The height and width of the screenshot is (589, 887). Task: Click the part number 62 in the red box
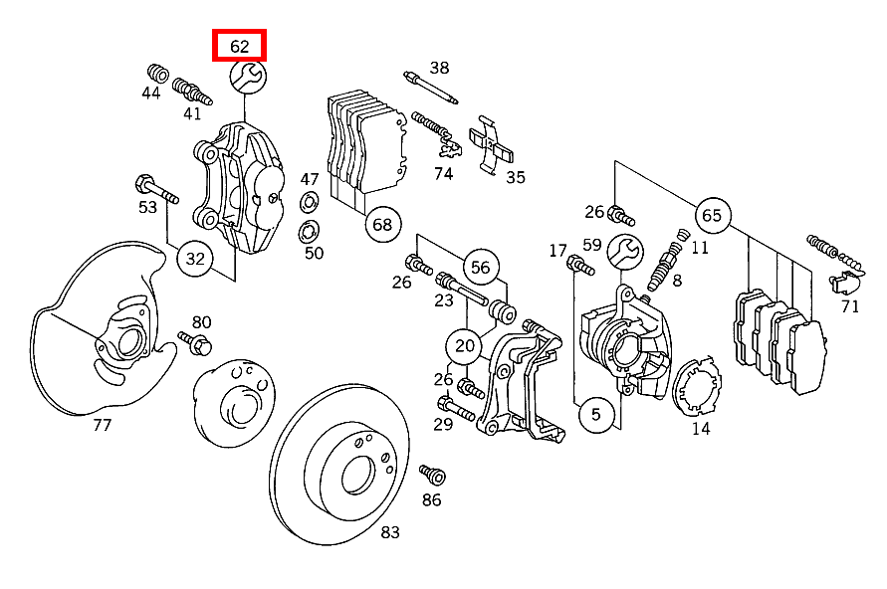(239, 46)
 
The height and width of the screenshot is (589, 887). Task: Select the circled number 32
(196, 260)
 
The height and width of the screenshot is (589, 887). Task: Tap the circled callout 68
(382, 224)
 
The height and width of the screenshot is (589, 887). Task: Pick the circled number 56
(481, 267)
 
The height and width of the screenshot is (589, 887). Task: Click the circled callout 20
(465, 346)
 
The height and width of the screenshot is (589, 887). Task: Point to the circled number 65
(711, 215)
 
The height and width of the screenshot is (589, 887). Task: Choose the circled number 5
(595, 414)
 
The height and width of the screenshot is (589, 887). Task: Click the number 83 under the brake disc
(390, 532)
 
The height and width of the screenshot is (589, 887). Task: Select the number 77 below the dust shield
(102, 425)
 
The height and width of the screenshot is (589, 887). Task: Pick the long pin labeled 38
(430, 87)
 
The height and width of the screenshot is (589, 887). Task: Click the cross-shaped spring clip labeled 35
(493, 141)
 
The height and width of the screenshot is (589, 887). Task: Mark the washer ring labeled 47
(310, 205)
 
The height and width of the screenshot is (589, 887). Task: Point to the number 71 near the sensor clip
(849, 305)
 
